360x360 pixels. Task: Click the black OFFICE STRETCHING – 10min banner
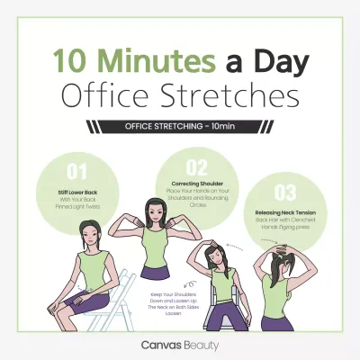179,126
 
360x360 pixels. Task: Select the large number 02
196,166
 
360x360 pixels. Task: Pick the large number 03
285,191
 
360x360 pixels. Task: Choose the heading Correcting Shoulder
196,184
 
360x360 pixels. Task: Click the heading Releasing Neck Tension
285,211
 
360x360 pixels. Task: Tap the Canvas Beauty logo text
179,344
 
